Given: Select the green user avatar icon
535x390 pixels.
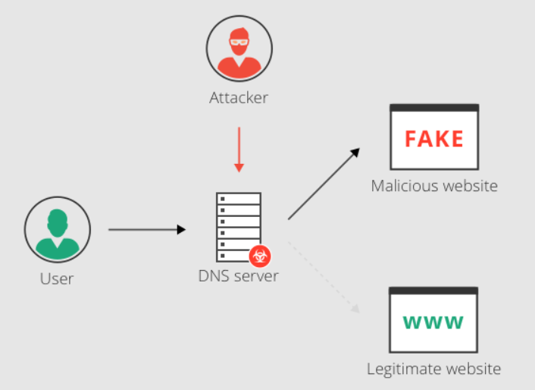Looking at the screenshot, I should tap(57, 229).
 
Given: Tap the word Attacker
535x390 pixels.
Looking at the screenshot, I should tap(239, 98).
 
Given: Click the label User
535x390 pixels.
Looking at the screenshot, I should tap(57, 278).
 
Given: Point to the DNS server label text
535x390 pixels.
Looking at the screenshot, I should tap(238, 276).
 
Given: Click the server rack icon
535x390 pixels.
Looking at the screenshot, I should tap(238, 225).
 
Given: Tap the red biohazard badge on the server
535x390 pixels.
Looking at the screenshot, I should tap(261, 256).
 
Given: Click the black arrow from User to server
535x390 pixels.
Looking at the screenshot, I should tap(147, 228).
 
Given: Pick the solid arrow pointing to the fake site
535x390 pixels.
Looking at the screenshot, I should tap(324, 184).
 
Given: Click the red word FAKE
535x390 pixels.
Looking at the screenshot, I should tap(434, 139).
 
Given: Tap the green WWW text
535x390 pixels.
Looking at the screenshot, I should tap(433, 322).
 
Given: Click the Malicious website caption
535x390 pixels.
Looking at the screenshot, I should tap(434, 186).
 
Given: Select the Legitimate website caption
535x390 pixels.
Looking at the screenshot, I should tap(433, 370).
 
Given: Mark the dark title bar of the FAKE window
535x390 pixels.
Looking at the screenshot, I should tap(434, 109).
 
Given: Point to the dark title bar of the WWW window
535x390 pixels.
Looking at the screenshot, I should tap(433, 291).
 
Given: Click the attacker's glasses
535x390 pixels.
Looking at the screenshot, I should tap(239, 38).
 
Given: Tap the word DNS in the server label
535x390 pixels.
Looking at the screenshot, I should tap(211, 276).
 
